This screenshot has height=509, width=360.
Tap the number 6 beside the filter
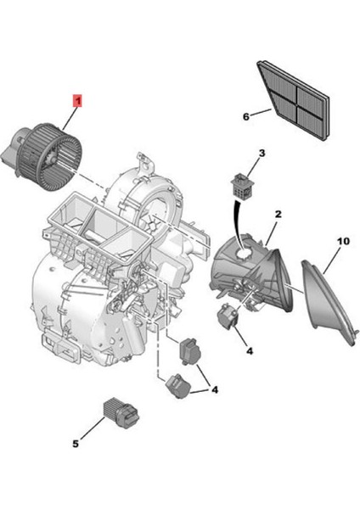tap(247, 115)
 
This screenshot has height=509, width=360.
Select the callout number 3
tap(262, 154)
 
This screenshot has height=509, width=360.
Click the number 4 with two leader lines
tap(215, 389)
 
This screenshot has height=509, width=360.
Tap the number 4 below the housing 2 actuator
tap(249, 350)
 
